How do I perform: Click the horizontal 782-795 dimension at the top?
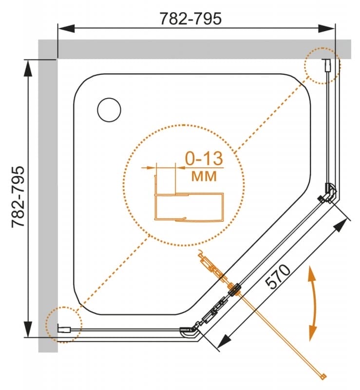tap(190, 19)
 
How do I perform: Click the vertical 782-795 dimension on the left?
tap(18, 197)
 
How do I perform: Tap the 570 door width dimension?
tap(278, 276)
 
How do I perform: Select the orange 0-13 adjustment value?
tap(204, 158)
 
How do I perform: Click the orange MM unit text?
tap(204, 176)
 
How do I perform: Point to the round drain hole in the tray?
tap(109, 110)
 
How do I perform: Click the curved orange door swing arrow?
tap(313, 303)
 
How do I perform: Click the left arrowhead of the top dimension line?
tap(66, 28)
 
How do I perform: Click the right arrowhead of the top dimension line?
tap(327, 28)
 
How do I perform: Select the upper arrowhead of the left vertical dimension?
tap(28, 68)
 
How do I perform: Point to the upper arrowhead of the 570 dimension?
tap(341, 226)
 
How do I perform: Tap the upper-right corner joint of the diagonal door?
tap(329, 193)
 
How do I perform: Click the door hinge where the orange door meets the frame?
tap(234, 289)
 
